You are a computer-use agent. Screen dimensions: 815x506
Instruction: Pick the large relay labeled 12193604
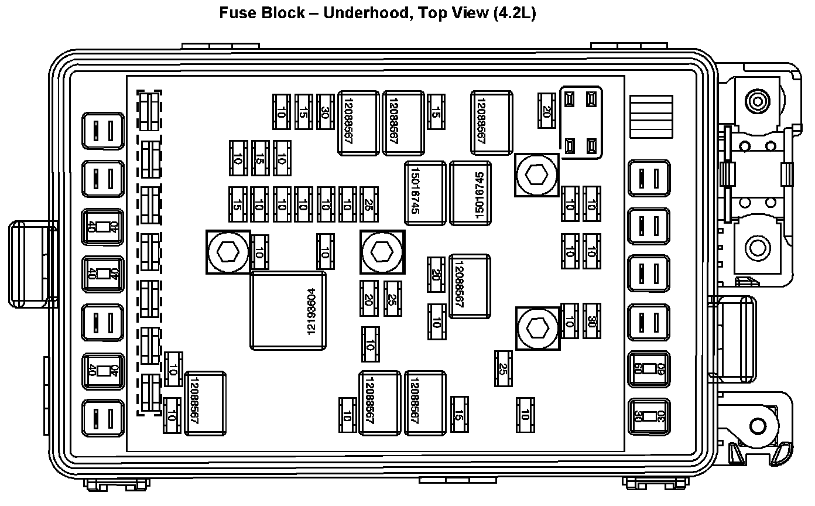point(288,310)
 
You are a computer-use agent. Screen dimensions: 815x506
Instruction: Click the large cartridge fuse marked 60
point(649,370)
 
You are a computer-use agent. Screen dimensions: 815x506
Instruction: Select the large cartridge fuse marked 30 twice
point(649,417)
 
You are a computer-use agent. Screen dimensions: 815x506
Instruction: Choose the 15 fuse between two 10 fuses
point(261,158)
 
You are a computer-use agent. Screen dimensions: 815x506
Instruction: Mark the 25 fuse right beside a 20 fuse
point(392,298)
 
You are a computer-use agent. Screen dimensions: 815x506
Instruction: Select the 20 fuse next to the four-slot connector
point(547,111)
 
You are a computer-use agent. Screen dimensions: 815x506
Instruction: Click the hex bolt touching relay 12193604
point(228,252)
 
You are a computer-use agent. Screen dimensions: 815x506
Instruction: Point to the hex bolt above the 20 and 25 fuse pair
point(382,252)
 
